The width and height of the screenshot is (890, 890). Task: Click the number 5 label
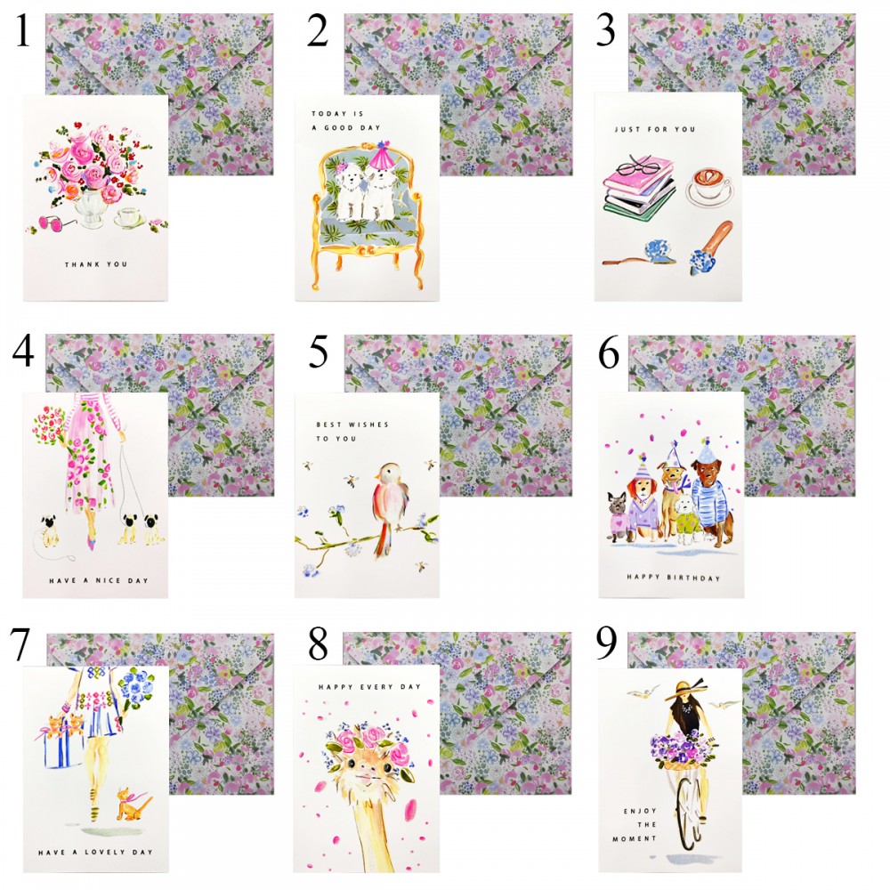pos(319,352)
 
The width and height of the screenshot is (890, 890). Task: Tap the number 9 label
pos(605,643)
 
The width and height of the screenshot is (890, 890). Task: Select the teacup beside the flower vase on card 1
pos(129,218)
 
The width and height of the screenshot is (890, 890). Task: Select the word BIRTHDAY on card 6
pos(693,578)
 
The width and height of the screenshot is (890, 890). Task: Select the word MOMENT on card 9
pos(634,839)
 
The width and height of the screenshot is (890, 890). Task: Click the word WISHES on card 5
pos(368,425)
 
